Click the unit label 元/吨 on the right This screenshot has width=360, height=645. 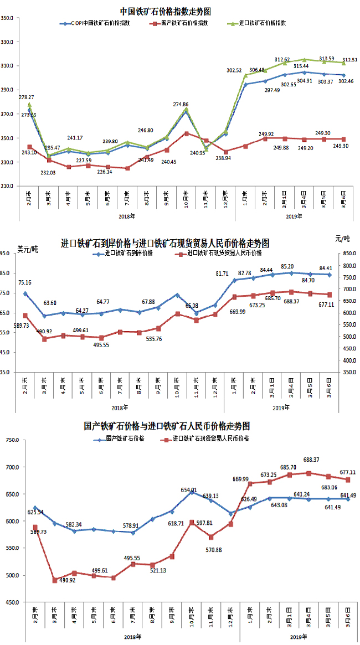342,239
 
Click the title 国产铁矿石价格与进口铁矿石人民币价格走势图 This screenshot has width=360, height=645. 167,426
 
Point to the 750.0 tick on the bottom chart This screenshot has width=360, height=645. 12,440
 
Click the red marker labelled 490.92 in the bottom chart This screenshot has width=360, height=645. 55,580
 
